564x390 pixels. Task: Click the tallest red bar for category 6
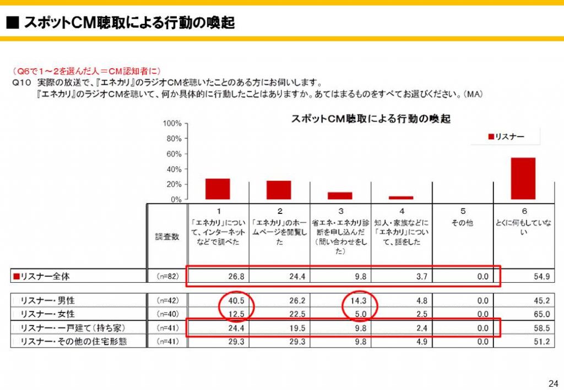[x=523, y=178]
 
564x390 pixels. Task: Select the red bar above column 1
[x=218, y=189]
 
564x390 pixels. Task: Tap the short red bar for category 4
[x=401, y=197]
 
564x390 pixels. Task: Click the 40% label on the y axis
[x=175, y=169]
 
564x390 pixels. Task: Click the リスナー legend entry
[x=506, y=136]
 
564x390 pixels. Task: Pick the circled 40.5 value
[x=236, y=301]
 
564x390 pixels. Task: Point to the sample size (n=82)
[x=167, y=276]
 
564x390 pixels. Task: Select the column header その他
[x=463, y=224]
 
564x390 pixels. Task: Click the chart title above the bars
[x=370, y=118]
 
